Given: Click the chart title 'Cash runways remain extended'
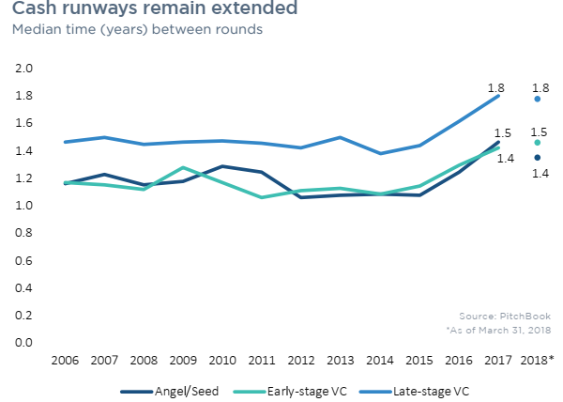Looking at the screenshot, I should (155, 9).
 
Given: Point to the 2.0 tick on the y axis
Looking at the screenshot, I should (24, 70).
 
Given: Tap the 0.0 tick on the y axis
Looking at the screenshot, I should (24, 343).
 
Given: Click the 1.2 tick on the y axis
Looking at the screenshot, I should (24, 178).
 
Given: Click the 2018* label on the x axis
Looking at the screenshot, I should (538, 361).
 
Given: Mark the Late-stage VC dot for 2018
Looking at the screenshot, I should (537, 99).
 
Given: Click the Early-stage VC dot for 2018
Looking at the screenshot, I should (537, 143).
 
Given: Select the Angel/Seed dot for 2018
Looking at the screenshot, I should (537, 158).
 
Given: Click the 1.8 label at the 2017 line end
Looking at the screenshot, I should (496, 88).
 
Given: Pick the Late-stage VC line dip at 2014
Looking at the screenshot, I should (379, 153).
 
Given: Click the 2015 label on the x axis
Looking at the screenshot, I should (418, 361).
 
